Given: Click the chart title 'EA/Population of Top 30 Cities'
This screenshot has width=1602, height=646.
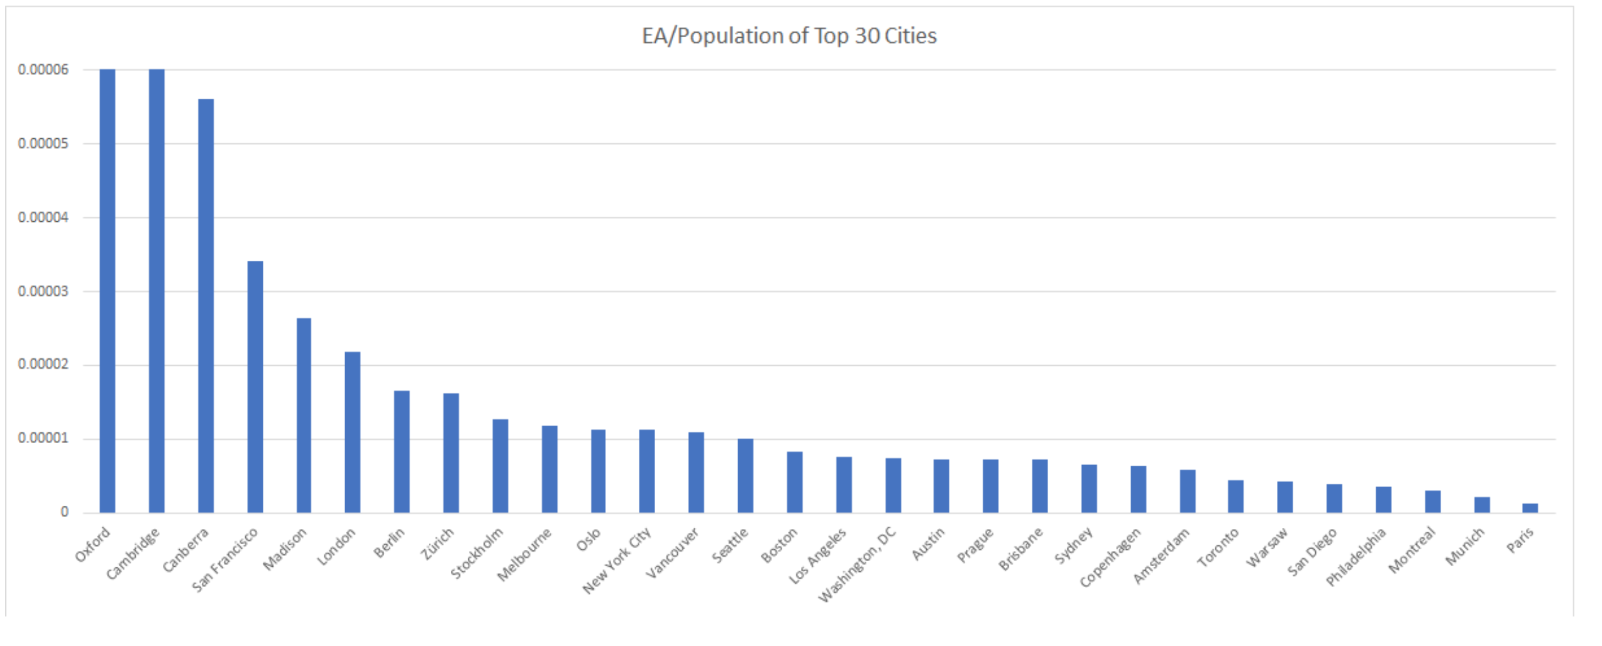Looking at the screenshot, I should pos(789,36).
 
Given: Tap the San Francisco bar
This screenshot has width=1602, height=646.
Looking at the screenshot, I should pos(255,386).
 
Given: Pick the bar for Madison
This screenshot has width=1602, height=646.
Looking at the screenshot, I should pos(304,415).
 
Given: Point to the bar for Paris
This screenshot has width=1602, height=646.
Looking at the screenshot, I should pos(1530,508).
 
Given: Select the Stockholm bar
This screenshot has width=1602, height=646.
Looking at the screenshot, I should pos(500,466).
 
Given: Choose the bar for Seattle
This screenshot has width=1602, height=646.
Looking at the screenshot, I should pos(746,475).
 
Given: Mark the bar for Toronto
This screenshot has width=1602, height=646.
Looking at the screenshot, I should pos(1236,496).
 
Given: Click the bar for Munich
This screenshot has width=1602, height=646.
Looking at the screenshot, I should pos(1482,505).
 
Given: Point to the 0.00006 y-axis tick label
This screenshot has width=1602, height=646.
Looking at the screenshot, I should pos(43,70).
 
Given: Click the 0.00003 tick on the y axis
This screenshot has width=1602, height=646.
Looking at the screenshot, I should pos(43,292).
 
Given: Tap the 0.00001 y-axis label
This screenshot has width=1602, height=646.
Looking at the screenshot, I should pos(43,439).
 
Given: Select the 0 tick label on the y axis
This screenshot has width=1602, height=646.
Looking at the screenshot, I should pos(64,512).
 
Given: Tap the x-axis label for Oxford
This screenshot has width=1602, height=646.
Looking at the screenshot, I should pos(93,544).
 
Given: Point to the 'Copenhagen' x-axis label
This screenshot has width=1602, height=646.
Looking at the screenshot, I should pos(1110,557).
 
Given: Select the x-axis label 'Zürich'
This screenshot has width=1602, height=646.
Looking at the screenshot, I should pos(438,543).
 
